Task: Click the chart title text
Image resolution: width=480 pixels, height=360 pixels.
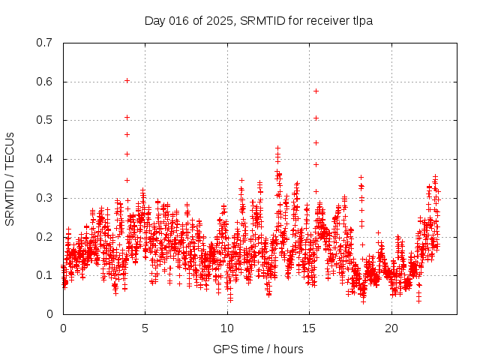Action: (x=259, y=21)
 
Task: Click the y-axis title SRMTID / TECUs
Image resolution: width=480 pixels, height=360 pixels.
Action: (x=10, y=178)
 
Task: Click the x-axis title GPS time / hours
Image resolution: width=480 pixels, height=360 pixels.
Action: (x=258, y=349)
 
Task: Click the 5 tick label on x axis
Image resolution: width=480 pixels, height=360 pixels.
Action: (x=145, y=328)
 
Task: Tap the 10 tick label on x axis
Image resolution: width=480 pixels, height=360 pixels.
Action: (x=227, y=328)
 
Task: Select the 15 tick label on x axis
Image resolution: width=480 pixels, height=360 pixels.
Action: (x=309, y=328)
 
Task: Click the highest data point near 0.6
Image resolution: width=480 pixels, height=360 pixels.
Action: (x=127, y=80)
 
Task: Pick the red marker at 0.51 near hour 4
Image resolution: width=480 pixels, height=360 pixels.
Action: (x=127, y=117)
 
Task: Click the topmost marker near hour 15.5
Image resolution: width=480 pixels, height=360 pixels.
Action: (x=316, y=91)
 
